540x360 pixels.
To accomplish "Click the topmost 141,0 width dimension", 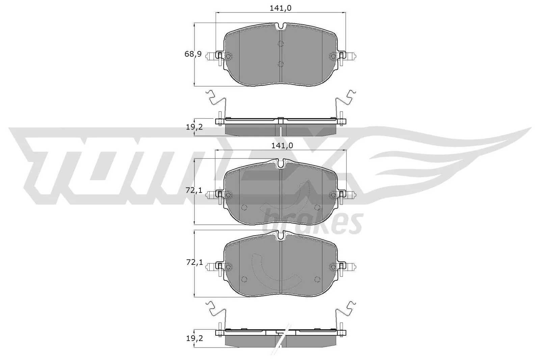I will tap(280, 8).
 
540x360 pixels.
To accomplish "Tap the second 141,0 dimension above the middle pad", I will tap(281, 145).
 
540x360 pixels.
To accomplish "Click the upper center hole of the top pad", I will tap(281, 44).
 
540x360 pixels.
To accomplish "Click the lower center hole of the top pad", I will tap(281, 64).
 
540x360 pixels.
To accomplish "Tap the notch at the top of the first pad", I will tap(281, 26).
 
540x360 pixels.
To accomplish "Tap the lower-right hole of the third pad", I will tap(317, 279).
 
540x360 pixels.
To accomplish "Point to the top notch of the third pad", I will tap(281, 236).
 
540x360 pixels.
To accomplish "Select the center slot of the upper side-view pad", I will tap(281, 131).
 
